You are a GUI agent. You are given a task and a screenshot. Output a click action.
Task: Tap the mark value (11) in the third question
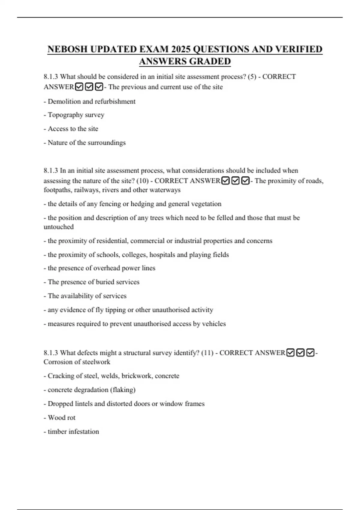207,353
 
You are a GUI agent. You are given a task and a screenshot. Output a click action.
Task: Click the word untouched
58,227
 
